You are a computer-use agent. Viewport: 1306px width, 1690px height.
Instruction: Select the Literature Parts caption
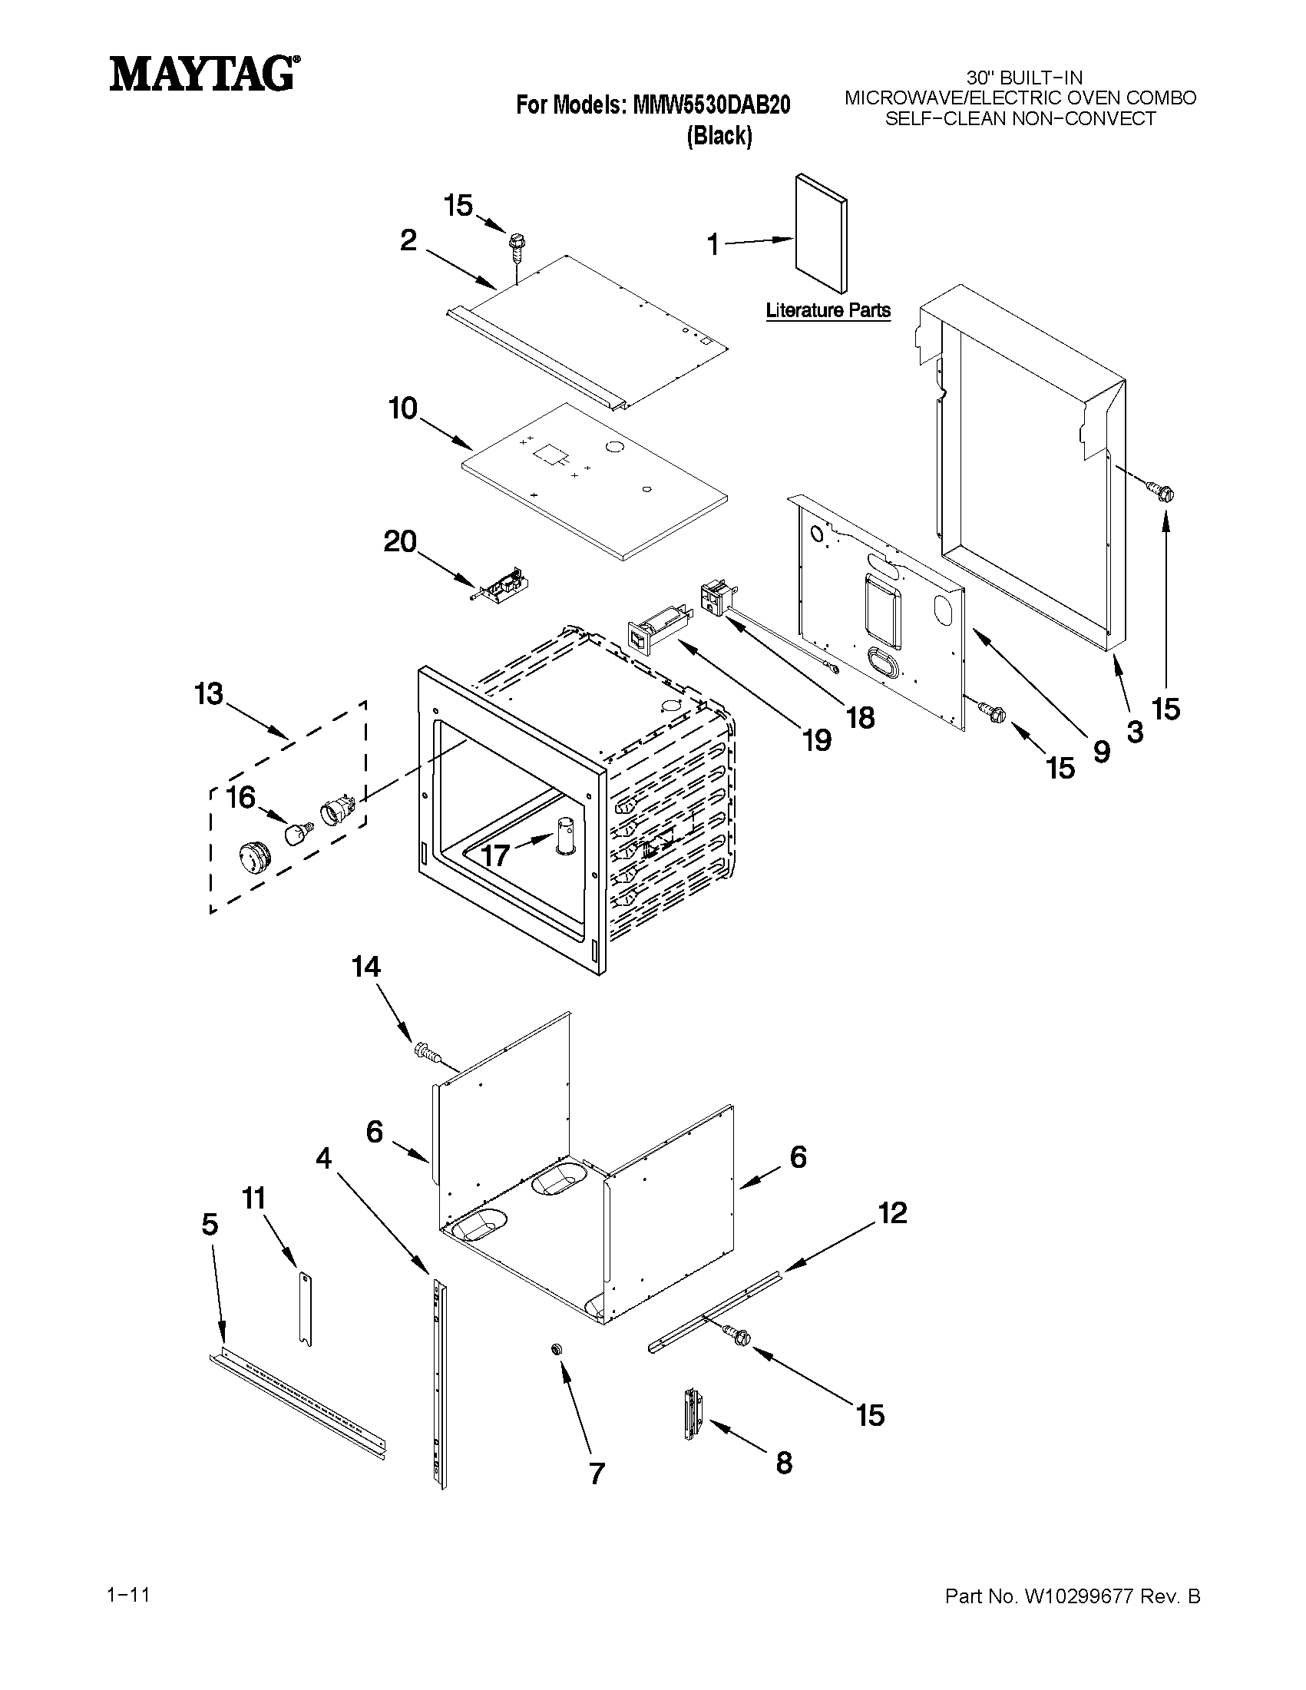[828, 310]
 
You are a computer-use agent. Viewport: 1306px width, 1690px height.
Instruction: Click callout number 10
[403, 408]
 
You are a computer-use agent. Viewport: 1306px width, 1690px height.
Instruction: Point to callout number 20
[400, 541]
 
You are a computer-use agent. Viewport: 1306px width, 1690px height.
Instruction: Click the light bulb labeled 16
[296, 834]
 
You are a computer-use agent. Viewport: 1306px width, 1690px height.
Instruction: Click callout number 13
[209, 694]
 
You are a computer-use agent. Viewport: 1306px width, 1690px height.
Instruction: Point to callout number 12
[892, 1212]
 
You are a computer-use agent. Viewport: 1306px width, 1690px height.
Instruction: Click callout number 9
[1100, 752]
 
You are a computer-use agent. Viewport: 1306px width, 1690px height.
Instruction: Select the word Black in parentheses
[719, 135]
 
